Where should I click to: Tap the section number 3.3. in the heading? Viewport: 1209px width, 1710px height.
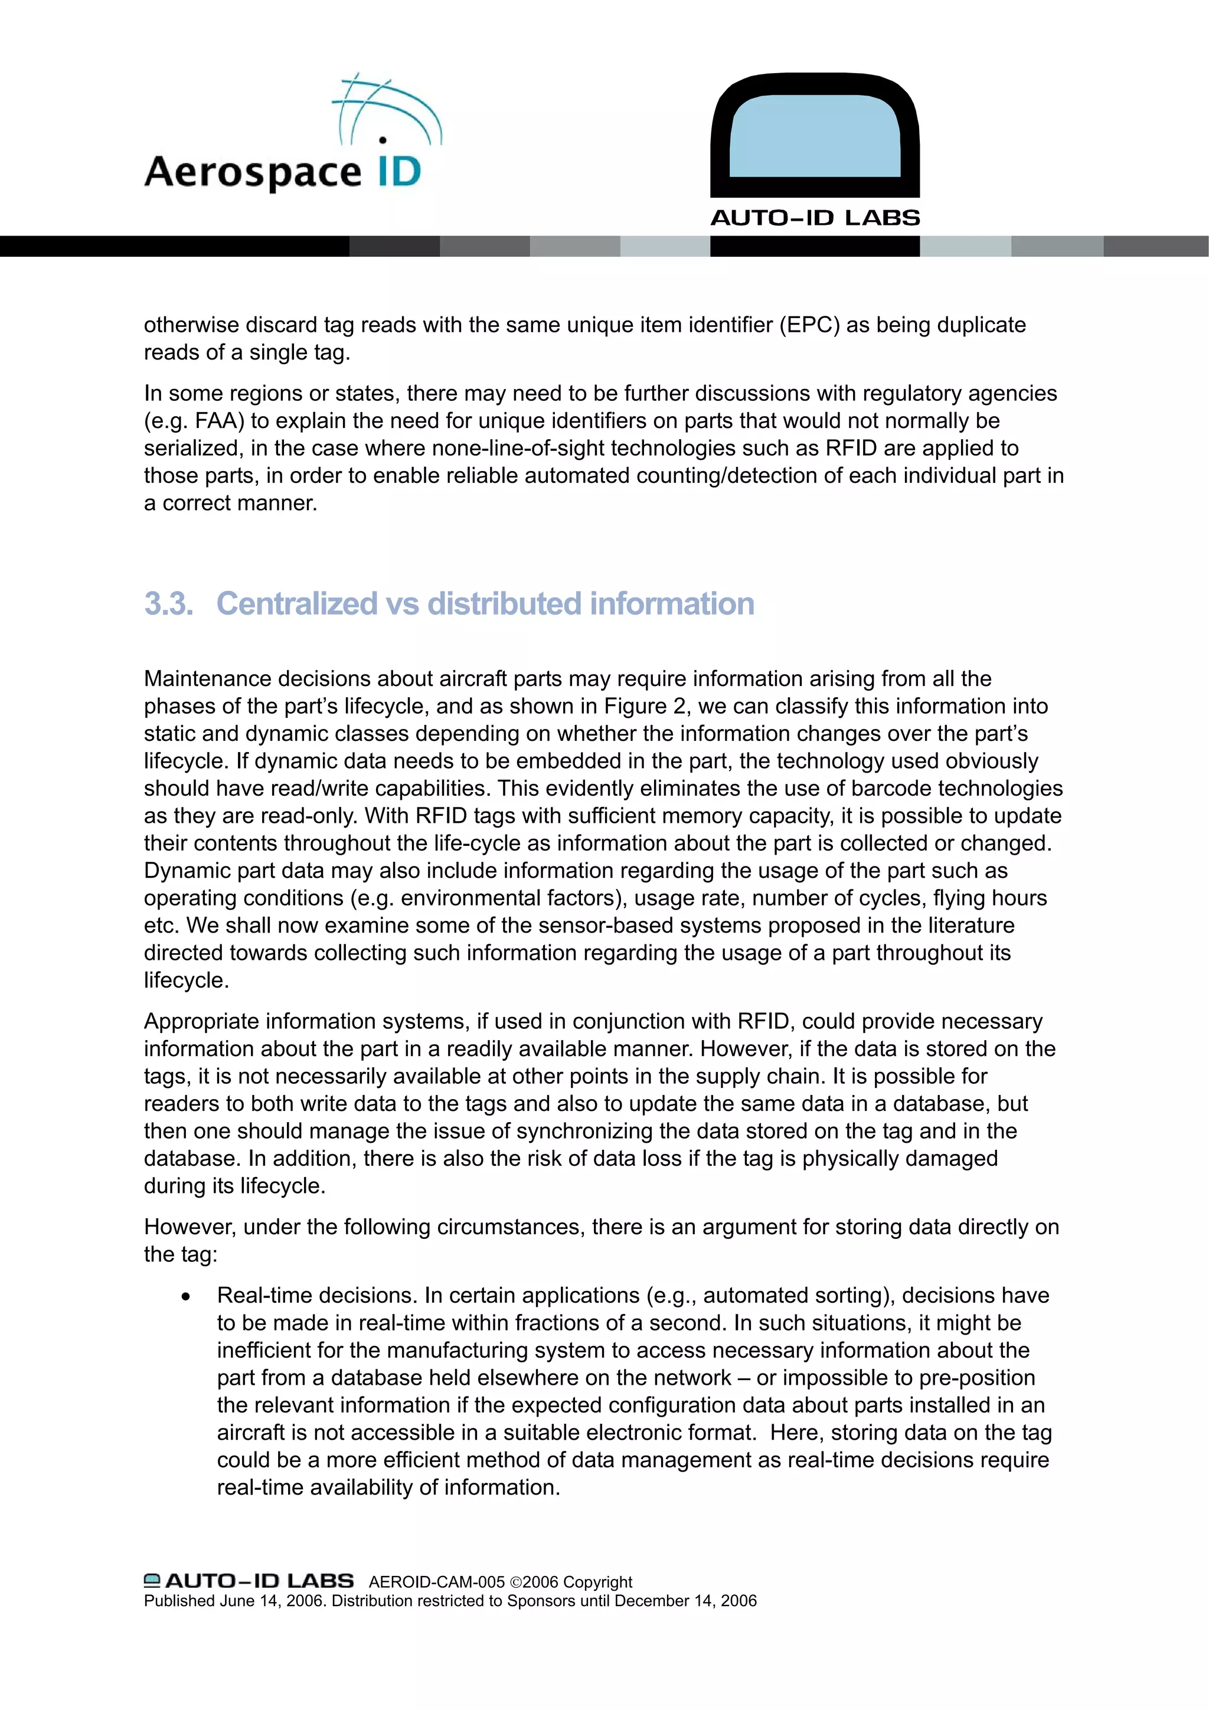[x=168, y=604]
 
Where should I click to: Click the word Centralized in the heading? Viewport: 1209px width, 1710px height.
[x=296, y=604]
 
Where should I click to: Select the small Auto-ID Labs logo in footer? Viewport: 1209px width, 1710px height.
[x=249, y=1580]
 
